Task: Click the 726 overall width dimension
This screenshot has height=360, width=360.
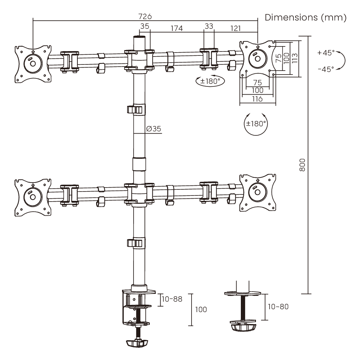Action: coord(145,17)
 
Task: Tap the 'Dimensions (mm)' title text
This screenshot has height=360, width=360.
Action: coord(306,17)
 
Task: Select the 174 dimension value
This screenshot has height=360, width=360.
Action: coord(176,28)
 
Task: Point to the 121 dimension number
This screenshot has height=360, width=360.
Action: coord(235,28)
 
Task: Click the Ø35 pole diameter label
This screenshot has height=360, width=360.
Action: coord(154,129)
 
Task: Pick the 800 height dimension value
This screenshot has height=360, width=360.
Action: coord(302,165)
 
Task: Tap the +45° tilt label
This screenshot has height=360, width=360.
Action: coord(326,53)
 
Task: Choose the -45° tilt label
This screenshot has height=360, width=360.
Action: coord(326,69)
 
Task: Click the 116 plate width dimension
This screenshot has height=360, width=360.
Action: coord(257,99)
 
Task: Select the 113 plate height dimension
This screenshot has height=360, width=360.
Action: coord(294,58)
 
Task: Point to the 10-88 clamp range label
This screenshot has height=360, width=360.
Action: coord(172,299)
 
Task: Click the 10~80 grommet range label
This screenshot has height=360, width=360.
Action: coord(278,306)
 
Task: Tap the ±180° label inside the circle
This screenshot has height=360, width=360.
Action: coord(256,124)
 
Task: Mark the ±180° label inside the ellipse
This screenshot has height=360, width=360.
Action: coord(210,81)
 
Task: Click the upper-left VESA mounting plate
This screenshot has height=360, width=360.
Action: coord(33,64)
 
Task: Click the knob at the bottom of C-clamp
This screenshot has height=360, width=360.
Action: coord(136,343)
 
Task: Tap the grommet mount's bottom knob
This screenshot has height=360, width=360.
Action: coord(243,327)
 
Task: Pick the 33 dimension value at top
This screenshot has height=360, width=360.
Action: coord(209,26)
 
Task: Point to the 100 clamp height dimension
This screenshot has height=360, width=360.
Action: coord(201,310)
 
